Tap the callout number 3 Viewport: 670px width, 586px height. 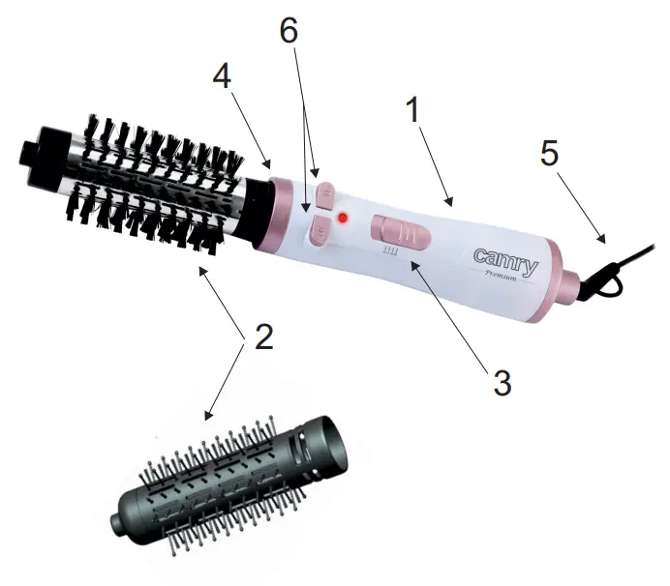[501, 381]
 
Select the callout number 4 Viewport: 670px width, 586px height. [222, 77]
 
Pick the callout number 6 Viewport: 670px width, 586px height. [289, 31]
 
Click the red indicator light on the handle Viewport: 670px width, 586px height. [342, 221]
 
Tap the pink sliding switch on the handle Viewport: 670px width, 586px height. [399, 233]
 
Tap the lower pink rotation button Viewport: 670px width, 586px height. [318, 229]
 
